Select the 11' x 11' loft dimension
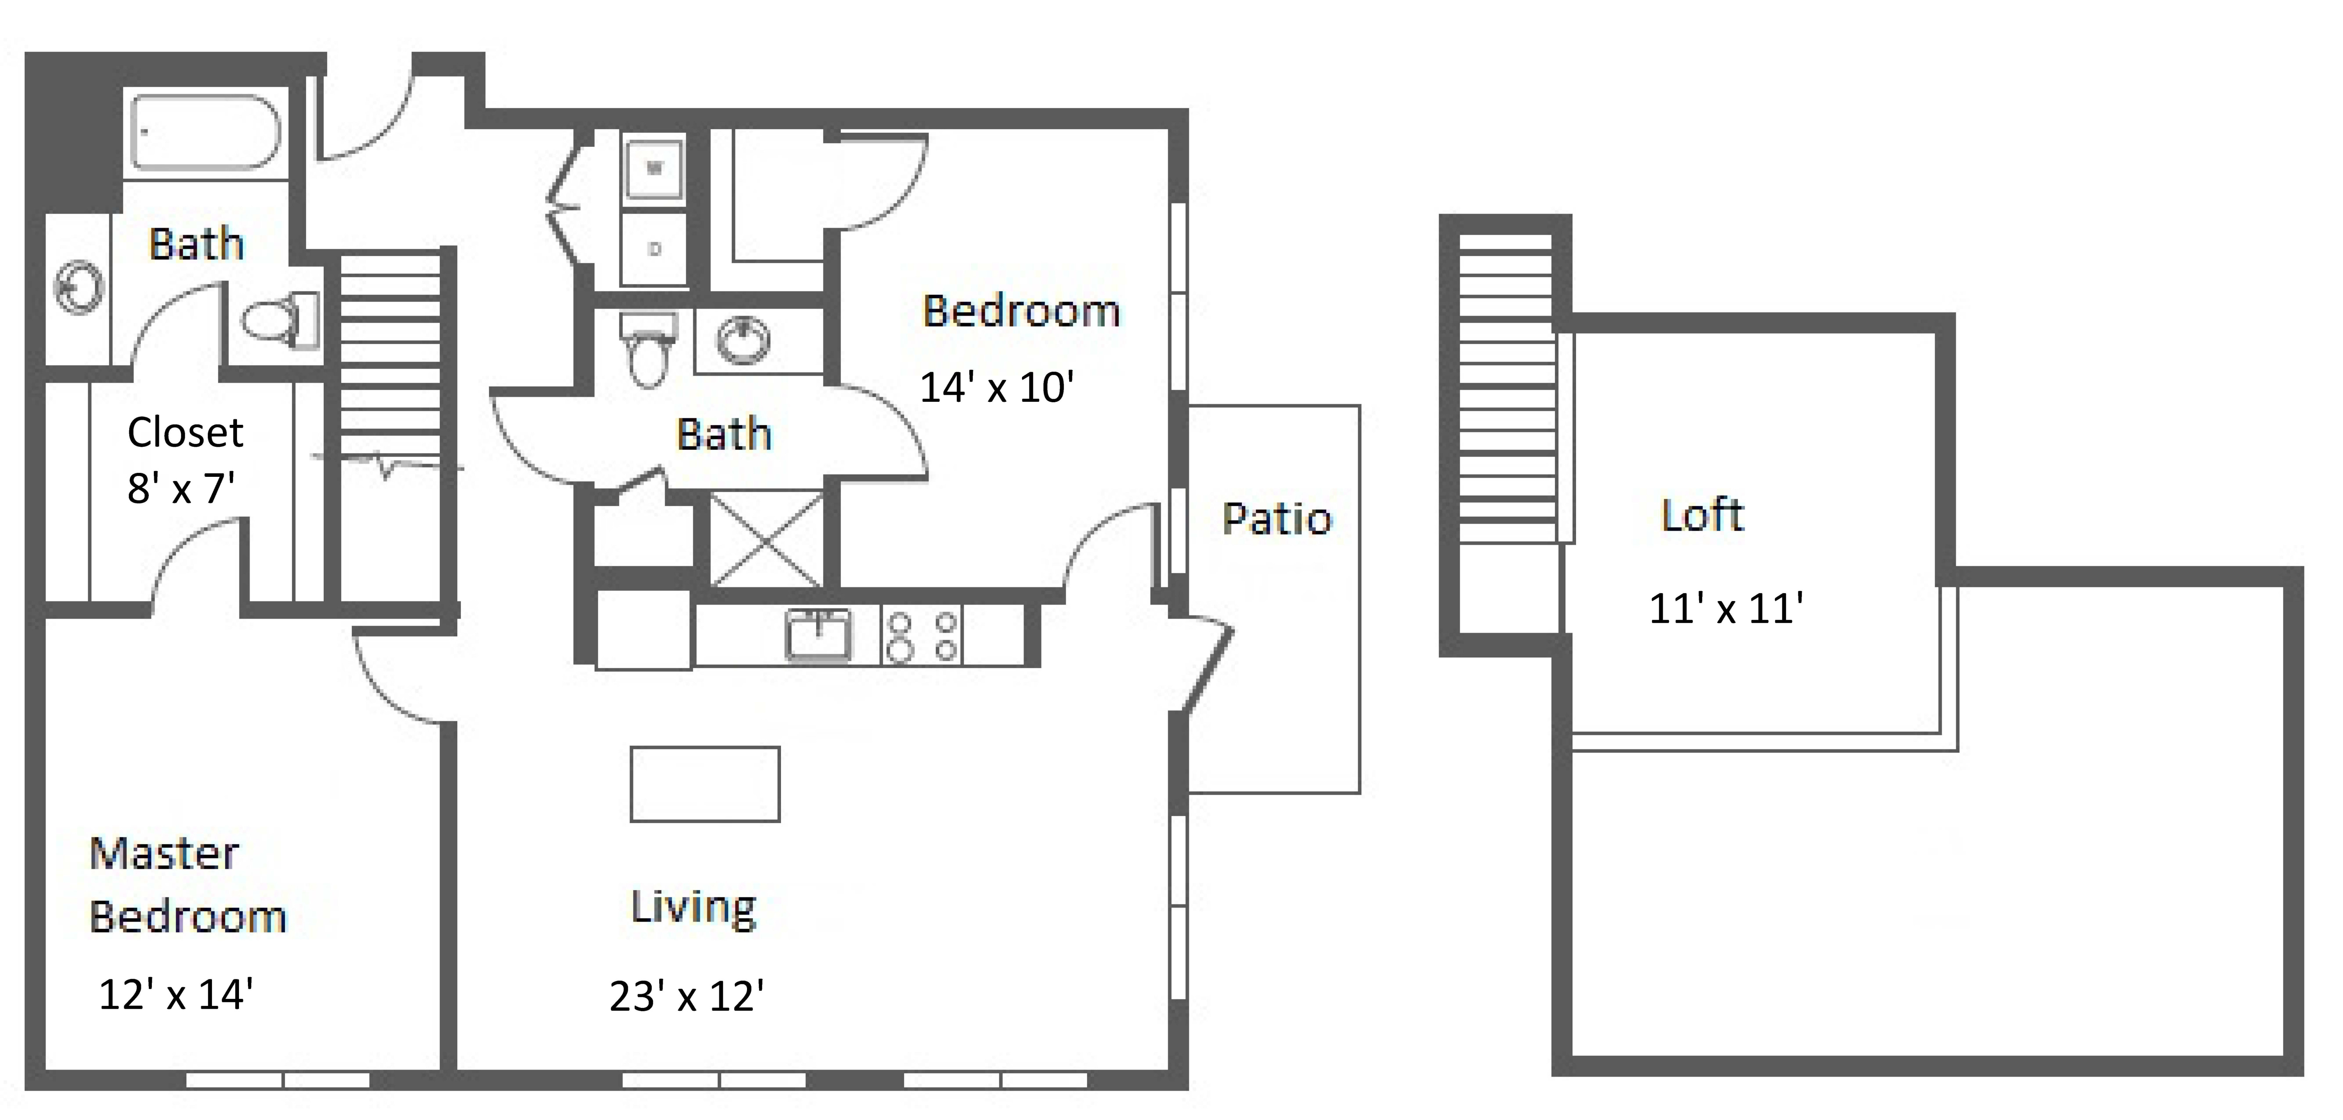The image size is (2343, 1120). point(1725,608)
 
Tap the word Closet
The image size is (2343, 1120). point(185,432)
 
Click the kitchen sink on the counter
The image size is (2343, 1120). point(818,634)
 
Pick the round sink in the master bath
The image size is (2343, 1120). point(80,289)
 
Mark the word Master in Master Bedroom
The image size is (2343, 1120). point(164,853)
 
